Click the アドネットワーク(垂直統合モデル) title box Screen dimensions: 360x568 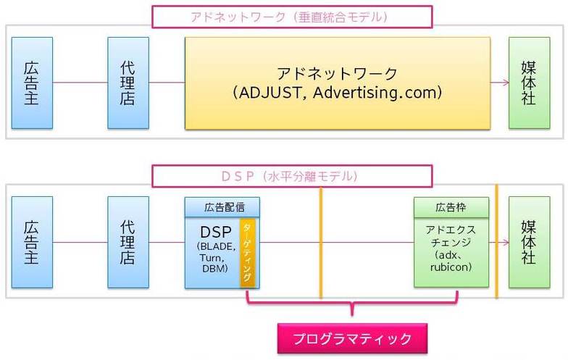click(291, 17)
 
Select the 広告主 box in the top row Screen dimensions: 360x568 click(32, 83)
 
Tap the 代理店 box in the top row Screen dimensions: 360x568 click(128, 83)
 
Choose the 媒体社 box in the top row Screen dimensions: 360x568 click(529, 83)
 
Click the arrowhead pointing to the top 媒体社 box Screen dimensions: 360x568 click(504, 83)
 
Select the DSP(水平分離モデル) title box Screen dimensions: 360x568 click(291, 176)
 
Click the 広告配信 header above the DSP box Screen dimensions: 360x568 click(222, 206)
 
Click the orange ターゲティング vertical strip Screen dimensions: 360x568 click(247, 253)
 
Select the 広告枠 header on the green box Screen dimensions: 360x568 click(451, 207)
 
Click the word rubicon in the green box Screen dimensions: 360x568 click(450, 267)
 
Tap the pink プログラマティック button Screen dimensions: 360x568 click(351, 338)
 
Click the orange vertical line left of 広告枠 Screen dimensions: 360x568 click(320, 242)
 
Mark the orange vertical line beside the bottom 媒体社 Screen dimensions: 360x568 click(497, 242)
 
